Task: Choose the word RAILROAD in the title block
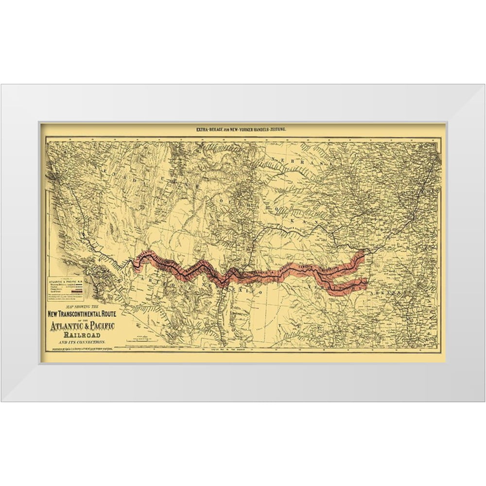click(79, 335)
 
